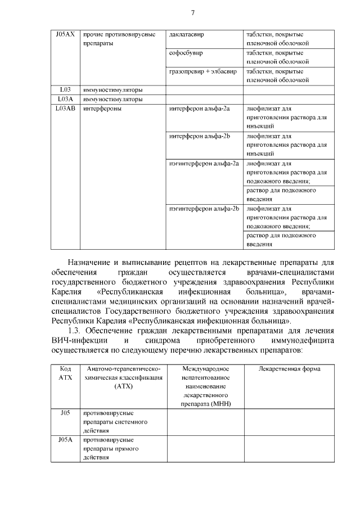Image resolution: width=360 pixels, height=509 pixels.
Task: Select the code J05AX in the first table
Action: point(65,35)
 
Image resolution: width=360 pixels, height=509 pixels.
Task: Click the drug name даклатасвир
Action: point(186,35)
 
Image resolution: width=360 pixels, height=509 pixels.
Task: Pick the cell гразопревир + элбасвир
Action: point(202,71)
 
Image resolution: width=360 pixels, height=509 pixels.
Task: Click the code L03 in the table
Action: point(65,90)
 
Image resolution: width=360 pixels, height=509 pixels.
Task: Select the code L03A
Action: point(65,99)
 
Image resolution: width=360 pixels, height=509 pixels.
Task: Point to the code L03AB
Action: point(65,109)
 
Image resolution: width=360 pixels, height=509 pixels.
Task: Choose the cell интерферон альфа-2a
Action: point(199,109)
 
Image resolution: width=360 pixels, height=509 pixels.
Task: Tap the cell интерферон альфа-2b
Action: point(200,136)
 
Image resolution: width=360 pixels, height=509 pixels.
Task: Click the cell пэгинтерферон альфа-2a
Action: point(204,164)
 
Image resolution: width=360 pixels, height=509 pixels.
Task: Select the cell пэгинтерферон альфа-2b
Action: point(204,209)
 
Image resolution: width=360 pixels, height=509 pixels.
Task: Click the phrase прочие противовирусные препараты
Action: point(119,39)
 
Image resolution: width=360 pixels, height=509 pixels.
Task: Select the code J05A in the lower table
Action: point(65,439)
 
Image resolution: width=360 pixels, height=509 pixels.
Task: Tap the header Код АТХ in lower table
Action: point(65,373)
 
